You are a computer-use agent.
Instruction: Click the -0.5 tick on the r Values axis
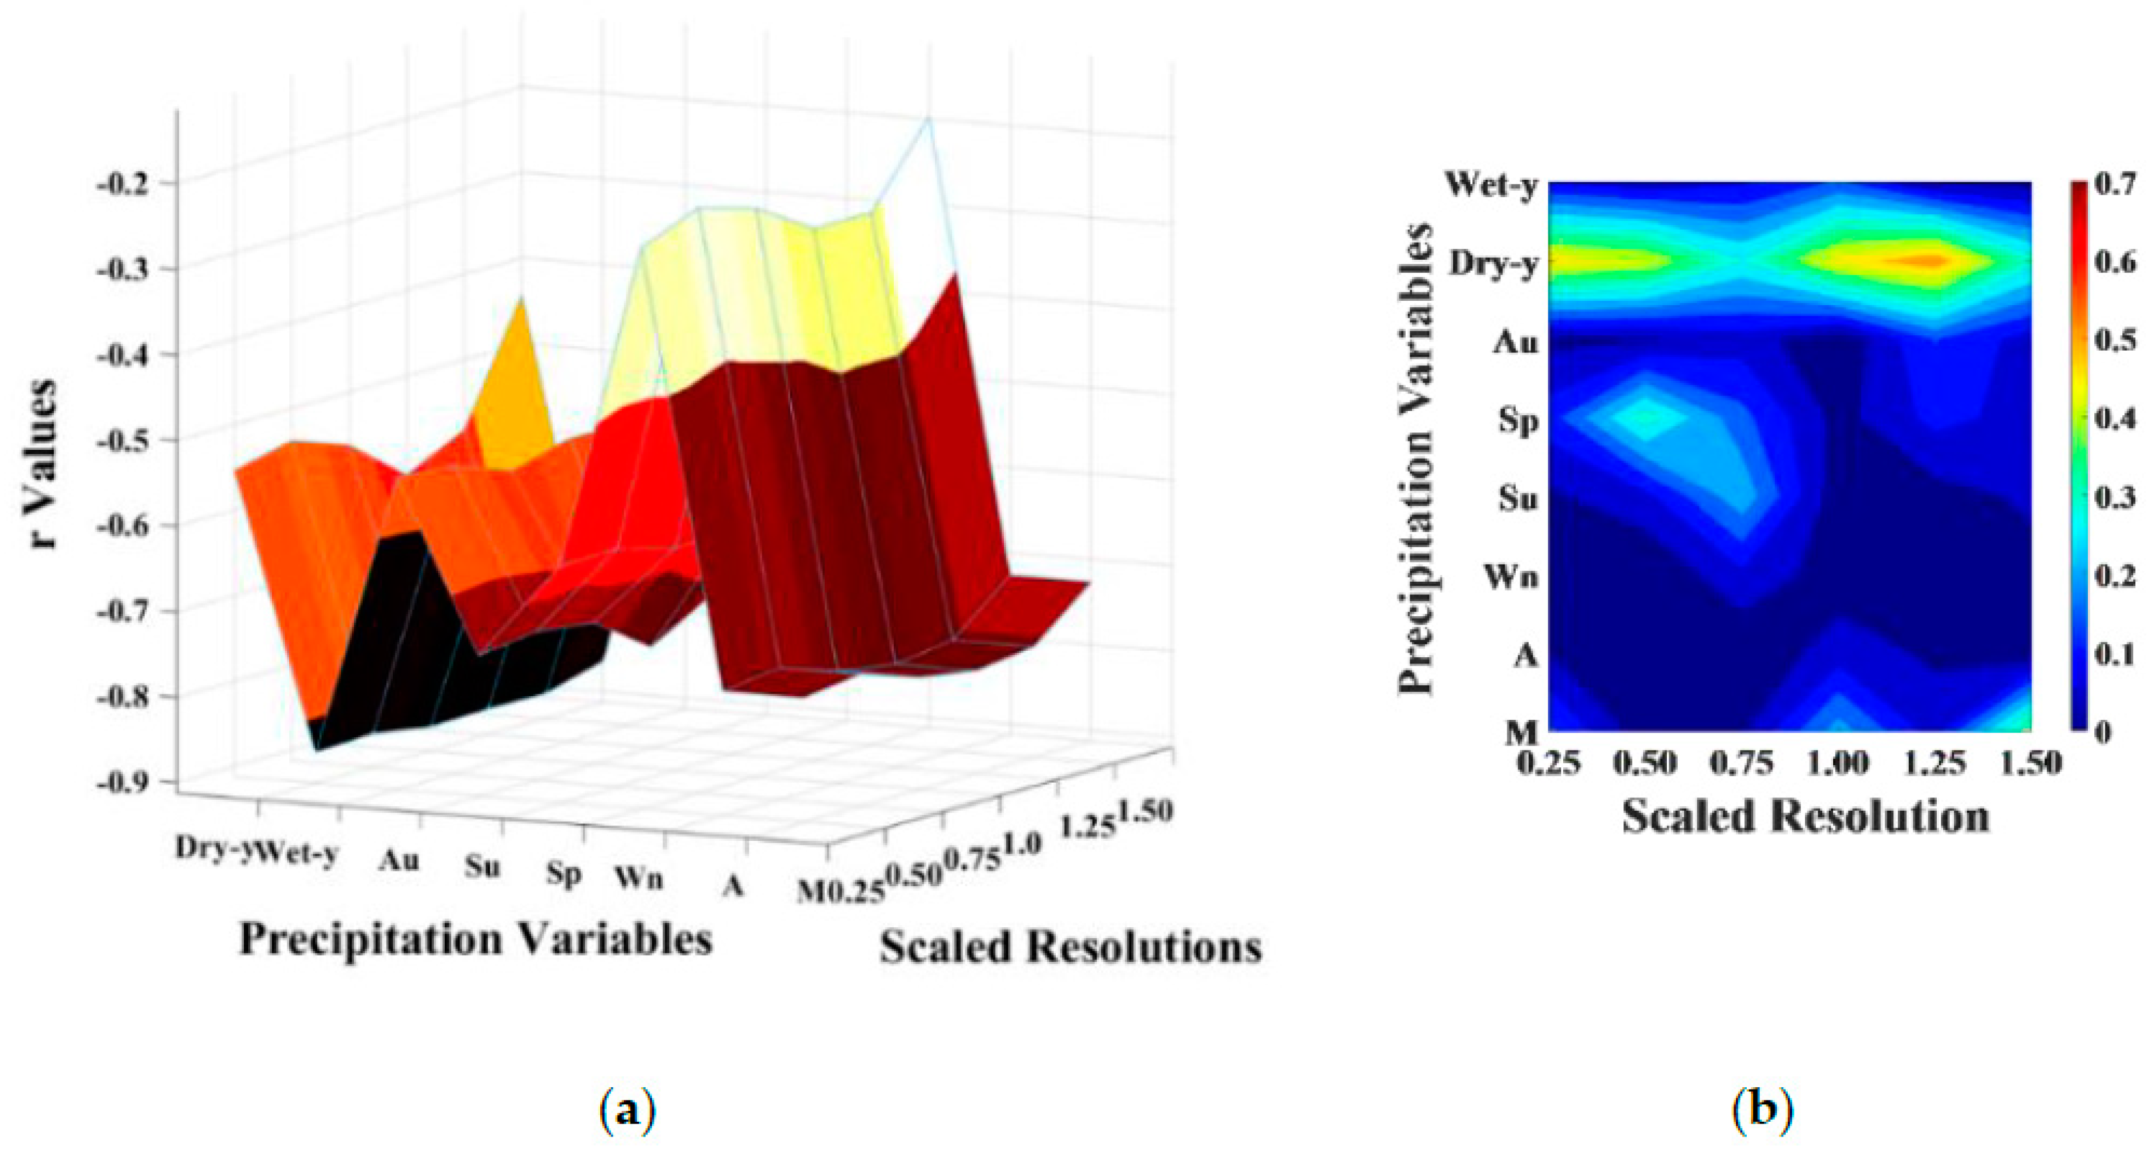click(x=125, y=439)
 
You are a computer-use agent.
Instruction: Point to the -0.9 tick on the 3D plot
click(x=125, y=782)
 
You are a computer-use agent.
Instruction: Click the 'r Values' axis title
click(x=40, y=464)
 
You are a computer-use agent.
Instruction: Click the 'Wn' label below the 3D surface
click(x=639, y=878)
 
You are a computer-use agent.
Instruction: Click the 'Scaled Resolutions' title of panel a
click(x=1071, y=948)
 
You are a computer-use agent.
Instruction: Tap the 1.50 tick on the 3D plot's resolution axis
click(x=1145, y=811)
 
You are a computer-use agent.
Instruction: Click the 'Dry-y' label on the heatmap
click(x=1494, y=264)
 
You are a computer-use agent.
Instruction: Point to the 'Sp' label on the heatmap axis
click(x=1518, y=420)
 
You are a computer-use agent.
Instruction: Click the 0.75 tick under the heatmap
click(x=1741, y=763)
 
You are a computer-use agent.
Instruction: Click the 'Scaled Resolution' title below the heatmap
click(x=1805, y=816)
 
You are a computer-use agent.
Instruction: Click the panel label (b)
click(x=1763, y=1111)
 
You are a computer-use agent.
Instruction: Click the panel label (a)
click(x=628, y=1111)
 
